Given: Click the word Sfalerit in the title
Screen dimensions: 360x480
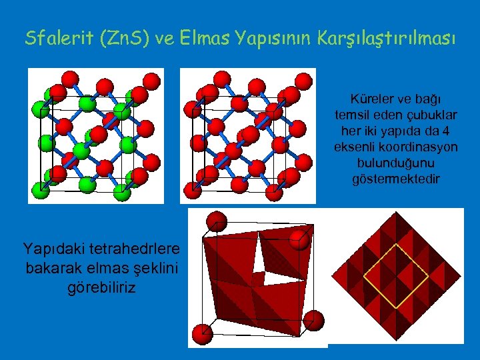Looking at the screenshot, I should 56,38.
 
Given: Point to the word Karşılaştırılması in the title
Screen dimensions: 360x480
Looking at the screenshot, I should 393,38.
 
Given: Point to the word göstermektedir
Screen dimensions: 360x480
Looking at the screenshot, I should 396,179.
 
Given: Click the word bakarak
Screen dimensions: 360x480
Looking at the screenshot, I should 54,268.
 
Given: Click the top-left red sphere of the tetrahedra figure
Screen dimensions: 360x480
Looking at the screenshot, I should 216,221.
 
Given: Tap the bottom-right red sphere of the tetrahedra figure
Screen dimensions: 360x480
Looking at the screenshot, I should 315,320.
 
